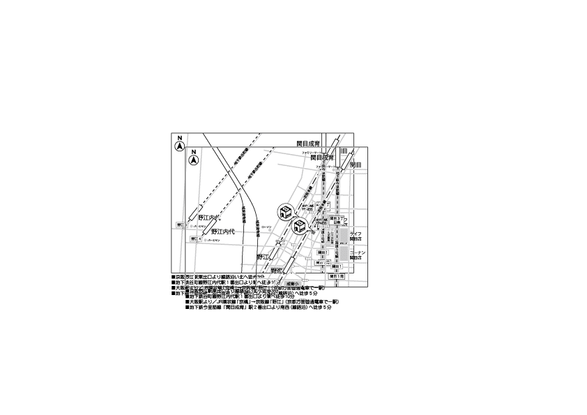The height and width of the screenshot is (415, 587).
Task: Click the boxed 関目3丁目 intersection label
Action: [335, 220]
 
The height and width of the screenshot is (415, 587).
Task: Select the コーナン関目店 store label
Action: [357, 254]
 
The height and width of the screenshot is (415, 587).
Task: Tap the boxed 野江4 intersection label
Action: [195, 239]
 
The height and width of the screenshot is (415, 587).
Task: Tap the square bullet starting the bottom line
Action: [188, 308]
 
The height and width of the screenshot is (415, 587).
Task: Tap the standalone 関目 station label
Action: [356, 165]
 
